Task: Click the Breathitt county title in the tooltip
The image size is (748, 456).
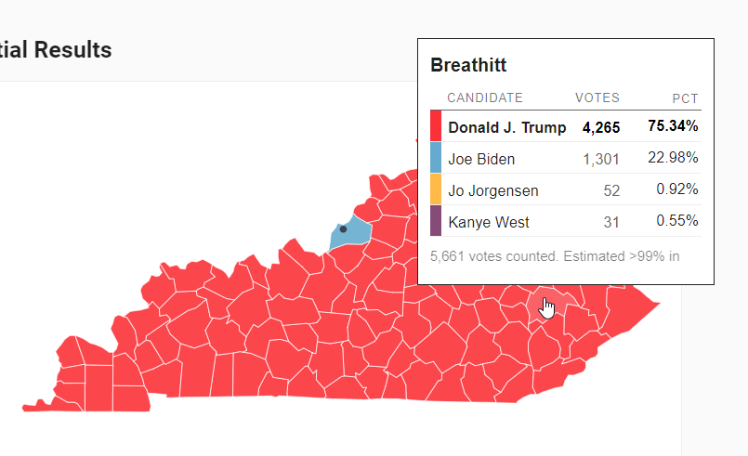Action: pos(468,66)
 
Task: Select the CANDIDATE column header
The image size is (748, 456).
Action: pos(485,98)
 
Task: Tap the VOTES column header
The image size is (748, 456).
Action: pos(597,98)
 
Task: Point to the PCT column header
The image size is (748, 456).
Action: pos(686,98)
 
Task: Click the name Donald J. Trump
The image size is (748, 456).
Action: pos(507,127)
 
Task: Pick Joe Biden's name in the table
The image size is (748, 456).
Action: pos(481,159)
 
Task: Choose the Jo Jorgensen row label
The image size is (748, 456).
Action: pos(493,190)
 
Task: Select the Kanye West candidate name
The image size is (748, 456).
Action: pos(489,222)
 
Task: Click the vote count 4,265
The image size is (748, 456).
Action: pos(601,127)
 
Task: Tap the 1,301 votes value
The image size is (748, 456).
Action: pos(601,159)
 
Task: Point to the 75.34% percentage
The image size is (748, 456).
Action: pos(674,126)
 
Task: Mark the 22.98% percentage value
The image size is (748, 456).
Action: pos(674,158)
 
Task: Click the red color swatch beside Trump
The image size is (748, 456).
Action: pos(436,126)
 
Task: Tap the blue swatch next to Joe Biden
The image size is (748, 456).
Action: pos(436,158)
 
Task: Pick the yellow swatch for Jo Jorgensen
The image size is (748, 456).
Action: pos(436,189)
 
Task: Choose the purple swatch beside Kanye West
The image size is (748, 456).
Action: pos(436,221)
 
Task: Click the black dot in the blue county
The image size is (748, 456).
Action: pos(343,228)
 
